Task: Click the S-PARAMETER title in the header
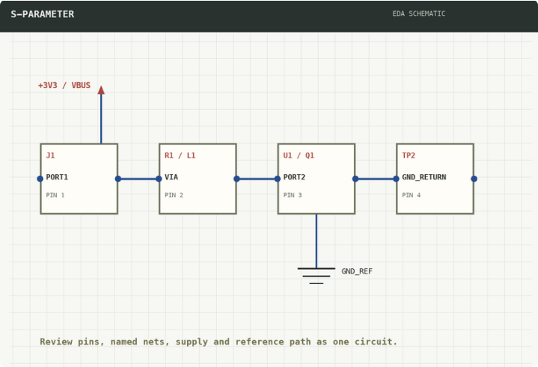pyautogui.click(x=42, y=14)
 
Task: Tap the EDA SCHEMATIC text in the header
pyautogui.click(x=418, y=13)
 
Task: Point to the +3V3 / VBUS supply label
pyautogui.click(x=64, y=85)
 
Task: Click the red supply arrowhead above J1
pyautogui.click(x=101, y=90)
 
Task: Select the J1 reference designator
pyautogui.click(x=50, y=155)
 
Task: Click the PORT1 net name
pyautogui.click(x=57, y=177)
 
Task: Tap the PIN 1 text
pyautogui.click(x=55, y=195)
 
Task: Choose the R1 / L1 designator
pyautogui.click(x=180, y=155)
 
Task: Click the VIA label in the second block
pyautogui.click(x=171, y=177)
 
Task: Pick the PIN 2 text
pyautogui.click(x=174, y=195)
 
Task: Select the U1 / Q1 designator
pyautogui.click(x=299, y=155)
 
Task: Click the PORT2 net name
pyautogui.click(x=294, y=177)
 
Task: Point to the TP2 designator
pyautogui.click(x=409, y=155)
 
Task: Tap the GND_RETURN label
pyautogui.click(x=424, y=177)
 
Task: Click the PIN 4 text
pyautogui.click(x=411, y=195)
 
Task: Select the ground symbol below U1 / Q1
pyautogui.click(x=317, y=276)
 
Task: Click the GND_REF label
pyautogui.click(x=357, y=271)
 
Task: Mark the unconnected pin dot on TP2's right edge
pyautogui.click(x=474, y=179)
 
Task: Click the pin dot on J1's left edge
pyautogui.click(x=40, y=179)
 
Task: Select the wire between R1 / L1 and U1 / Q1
pyautogui.click(x=257, y=179)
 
